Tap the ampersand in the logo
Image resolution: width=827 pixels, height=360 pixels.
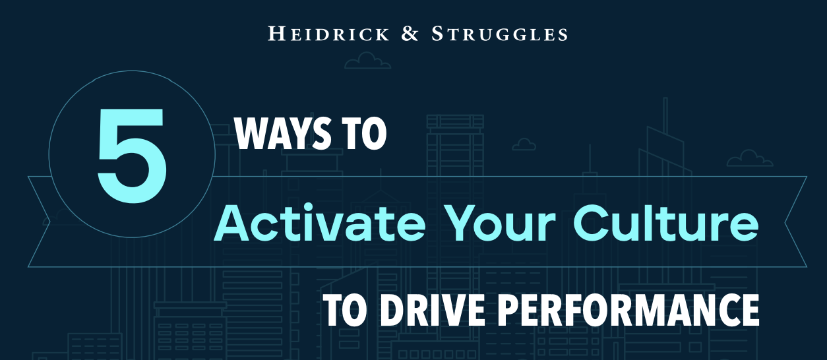[x=410, y=33]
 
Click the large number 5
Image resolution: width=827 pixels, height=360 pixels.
[x=132, y=156]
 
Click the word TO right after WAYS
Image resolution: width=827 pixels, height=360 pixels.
[x=365, y=133]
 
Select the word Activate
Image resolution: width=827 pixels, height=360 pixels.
[x=320, y=224]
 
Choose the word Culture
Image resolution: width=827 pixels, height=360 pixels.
[x=665, y=224]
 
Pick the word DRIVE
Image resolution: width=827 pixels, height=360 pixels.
[x=433, y=310]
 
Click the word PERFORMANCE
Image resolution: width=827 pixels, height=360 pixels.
[x=628, y=310]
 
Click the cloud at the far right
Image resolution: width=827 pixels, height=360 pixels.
[x=749, y=158]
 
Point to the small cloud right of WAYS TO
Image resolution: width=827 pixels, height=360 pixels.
[x=524, y=144]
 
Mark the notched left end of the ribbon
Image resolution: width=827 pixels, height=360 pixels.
[x=50, y=222]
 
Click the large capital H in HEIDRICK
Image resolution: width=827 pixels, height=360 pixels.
[x=276, y=33]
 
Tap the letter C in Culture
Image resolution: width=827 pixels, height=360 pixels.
[x=591, y=224]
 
